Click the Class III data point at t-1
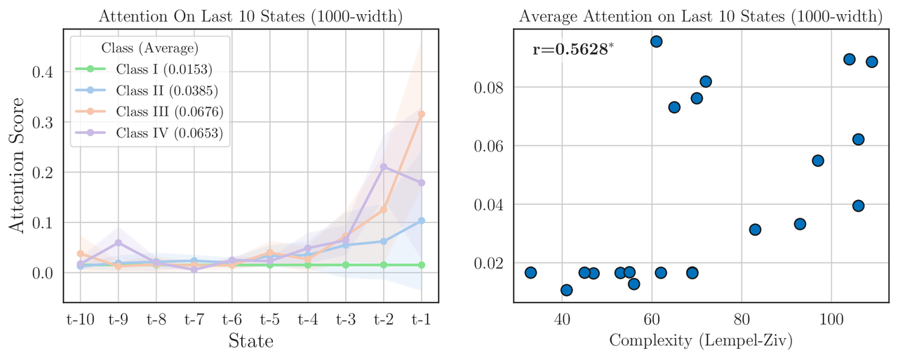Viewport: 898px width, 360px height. pyautogui.click(x=421, y=114)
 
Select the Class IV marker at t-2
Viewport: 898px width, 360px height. pyautogui.click(x=384, y=167)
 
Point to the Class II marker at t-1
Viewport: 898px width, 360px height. pyautogui.click(x=421, y=220)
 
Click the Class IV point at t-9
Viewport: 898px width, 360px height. pyautogui.click(x=119, y=243)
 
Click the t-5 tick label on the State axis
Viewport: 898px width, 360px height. pyautogui.click(x=269, y=320)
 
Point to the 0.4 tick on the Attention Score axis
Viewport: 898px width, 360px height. pyautogui.click(x=43, y=72)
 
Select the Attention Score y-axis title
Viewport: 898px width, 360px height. pyautogui.click(x=17, y=165)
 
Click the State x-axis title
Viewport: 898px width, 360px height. pyautogui.click(x=250, y=342)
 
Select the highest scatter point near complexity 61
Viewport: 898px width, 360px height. pyautogui.click(x=656, y=41)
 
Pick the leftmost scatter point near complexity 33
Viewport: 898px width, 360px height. pyautogui.click(x=530, y=272)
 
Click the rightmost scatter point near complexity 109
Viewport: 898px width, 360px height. pyautogui.click(x=871, y=62)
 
